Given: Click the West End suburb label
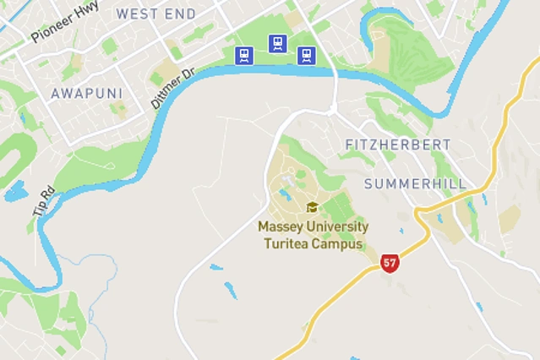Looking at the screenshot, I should pyautogui.click(x=155, y=14).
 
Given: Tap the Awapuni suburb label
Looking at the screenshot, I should pyautogui.click(x=86, y=93).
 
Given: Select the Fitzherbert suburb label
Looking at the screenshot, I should pyautogui.click(x=398, y=145).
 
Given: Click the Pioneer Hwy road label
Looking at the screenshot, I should pyautogui.click(x=64, y=22).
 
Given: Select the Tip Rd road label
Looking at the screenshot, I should pyautogui.click(x=43, y=200).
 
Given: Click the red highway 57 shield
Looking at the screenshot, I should pyautogui.click(x=390, y=262).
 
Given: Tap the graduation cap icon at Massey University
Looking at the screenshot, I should pyautogui.click(x=312, y=208).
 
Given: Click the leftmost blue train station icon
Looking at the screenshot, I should pyautogui.click(x=244, y=56).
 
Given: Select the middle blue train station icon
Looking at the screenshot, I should pyautogui.click(x=277, y=43).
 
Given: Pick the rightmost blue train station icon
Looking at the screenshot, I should pyautogui.click(x=307, y=56).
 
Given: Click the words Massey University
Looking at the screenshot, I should pyautogui.click(x=313, y=227).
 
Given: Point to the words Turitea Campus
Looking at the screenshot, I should pyautogui.click(x=313, y=244).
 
